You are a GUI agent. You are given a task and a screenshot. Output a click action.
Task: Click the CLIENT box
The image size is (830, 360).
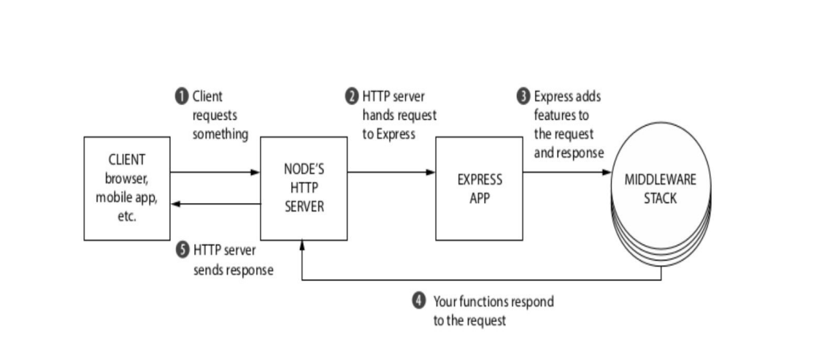coord(126,188)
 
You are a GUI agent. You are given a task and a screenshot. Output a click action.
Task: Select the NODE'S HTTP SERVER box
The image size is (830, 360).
coord(304,188)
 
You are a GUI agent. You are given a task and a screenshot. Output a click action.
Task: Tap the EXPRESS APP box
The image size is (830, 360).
coord(479,188)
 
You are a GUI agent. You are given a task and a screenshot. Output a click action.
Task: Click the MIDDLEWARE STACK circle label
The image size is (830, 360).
coord(660,188)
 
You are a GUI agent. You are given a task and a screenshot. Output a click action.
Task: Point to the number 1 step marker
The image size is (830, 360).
coord(182,96)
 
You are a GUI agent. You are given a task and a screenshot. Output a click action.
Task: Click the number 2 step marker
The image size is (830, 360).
coord(352,96)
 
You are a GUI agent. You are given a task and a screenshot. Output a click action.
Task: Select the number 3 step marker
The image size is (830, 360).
coord(523,96)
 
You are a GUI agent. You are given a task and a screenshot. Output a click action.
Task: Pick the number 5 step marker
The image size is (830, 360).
coord(182,250)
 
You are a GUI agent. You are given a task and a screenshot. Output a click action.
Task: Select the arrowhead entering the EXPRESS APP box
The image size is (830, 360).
coord(431,172)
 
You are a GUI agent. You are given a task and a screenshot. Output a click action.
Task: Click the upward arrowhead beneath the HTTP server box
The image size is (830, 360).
coord(302,245)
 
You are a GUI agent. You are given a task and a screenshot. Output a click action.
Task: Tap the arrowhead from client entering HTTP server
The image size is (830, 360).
coord(255,172)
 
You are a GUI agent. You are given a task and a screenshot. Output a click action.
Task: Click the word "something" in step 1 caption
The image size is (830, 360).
coord(220,134)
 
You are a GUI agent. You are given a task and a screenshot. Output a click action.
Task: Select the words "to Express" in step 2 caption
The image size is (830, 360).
coord(388,134)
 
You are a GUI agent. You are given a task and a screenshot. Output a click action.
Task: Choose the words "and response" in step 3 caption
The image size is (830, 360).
coord(569,153)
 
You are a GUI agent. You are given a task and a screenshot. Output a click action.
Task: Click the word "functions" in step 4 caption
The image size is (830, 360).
coord(485,302)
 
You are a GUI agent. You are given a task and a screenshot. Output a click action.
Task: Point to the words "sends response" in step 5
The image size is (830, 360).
coord(234,270)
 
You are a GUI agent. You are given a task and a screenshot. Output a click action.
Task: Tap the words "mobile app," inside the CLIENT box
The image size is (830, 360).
coord(126,198)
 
